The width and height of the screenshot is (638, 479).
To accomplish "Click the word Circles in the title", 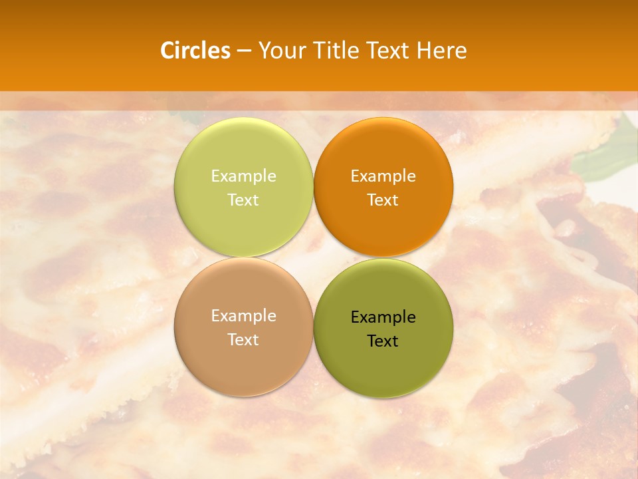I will pos(195,51).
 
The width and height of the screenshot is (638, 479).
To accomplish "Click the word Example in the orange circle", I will pos(383,176).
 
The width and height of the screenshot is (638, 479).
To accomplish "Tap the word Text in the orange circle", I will pos(383,200).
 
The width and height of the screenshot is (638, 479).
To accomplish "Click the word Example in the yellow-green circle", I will pos(243,176).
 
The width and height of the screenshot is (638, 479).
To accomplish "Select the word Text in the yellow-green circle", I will pos(243,200).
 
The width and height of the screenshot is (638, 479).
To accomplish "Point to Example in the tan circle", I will pos(243,316).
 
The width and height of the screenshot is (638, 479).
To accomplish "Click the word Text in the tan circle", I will pos(243,340).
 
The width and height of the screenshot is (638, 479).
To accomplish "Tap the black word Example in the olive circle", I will pos(383,317).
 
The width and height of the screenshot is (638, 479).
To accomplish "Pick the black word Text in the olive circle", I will pos(383,341).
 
